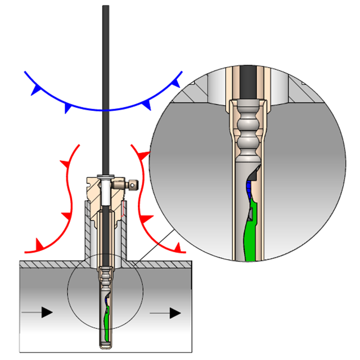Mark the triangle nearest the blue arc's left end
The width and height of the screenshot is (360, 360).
pos(37,88)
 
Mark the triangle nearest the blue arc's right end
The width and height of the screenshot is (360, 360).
pos(175,83)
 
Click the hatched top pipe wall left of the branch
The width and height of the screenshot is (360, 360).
pos(51,263)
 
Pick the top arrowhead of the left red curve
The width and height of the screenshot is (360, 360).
pos(70,164)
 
